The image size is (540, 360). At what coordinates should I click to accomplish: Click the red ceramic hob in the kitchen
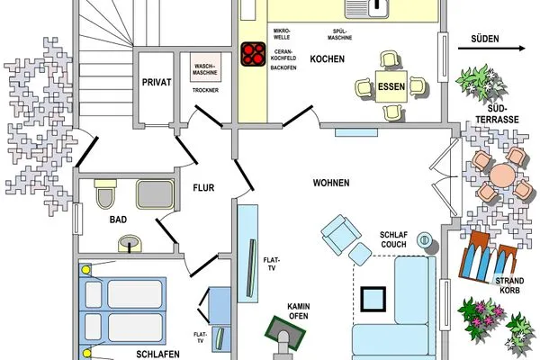(253, 54)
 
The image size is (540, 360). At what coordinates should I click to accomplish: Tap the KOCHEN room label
(328, 58)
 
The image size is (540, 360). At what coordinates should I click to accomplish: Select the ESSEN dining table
(391, 86)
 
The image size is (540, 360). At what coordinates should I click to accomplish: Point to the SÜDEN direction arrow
(491, 49)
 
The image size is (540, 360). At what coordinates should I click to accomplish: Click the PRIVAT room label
(157, 82)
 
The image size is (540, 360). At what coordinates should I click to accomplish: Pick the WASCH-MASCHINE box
(205, 67)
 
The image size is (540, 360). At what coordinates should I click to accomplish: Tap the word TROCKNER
(205, 90)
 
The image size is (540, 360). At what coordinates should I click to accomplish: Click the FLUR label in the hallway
(203, 188)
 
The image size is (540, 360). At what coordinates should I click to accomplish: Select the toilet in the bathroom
(105, 193)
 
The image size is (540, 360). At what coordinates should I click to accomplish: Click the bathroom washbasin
(130, 243)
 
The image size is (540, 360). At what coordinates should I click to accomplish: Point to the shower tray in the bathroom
(155, 194)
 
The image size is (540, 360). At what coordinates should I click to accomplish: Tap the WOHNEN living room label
(331, 183)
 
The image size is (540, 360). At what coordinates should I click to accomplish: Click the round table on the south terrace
(503, 175)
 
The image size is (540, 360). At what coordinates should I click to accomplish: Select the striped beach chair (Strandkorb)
(488, 257)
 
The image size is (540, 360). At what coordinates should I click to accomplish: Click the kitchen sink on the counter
(367, 9)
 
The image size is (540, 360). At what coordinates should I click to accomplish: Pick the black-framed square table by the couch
(373, 299)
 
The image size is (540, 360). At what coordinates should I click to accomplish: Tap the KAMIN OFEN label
(299, 311)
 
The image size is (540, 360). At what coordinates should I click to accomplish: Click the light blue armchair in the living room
(340, 234)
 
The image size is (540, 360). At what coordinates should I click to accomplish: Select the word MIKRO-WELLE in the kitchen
(282, 34)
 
